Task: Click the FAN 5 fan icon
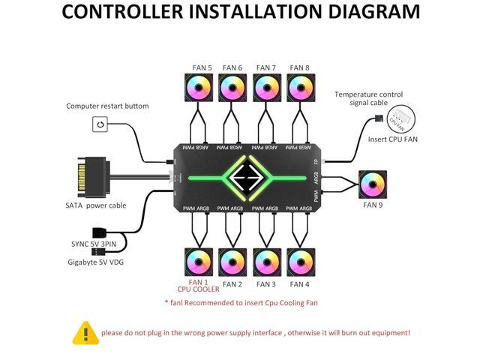point(199,88)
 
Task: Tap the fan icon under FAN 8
point(301,88)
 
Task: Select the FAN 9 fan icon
point(373,184)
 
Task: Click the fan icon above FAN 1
point(199,262)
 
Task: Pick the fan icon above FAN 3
point(267,262)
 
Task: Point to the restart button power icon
point(100,124)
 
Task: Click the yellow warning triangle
point(85,332)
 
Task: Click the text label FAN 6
point(232,68)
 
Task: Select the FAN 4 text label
point(300,284)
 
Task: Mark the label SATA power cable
point(96,205)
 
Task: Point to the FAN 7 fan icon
point(267,88)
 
